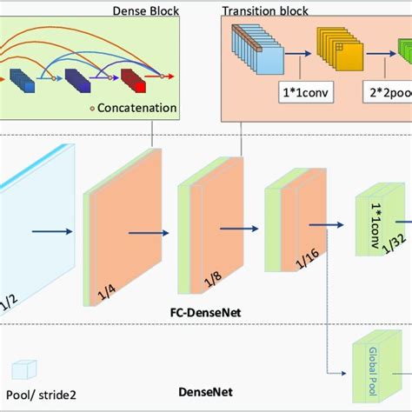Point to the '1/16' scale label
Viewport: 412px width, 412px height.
pyautogui.click(x=302, y=265)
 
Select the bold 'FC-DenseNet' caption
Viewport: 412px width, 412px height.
pyautogui.click(x=205, y=309)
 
